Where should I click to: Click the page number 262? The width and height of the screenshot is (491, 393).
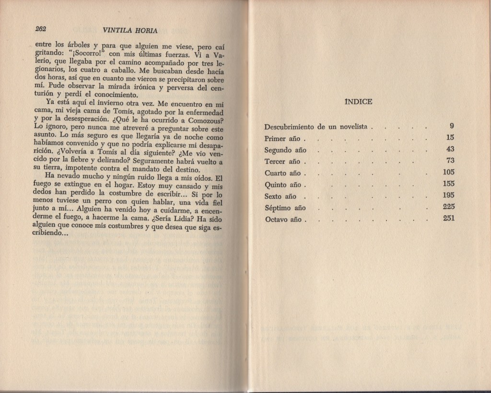point(40,29)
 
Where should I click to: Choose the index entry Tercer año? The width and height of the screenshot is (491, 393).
point(282,162)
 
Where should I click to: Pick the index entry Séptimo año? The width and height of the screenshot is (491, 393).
point(285,208)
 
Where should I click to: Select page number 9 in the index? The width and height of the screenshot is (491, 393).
point(451,127)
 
